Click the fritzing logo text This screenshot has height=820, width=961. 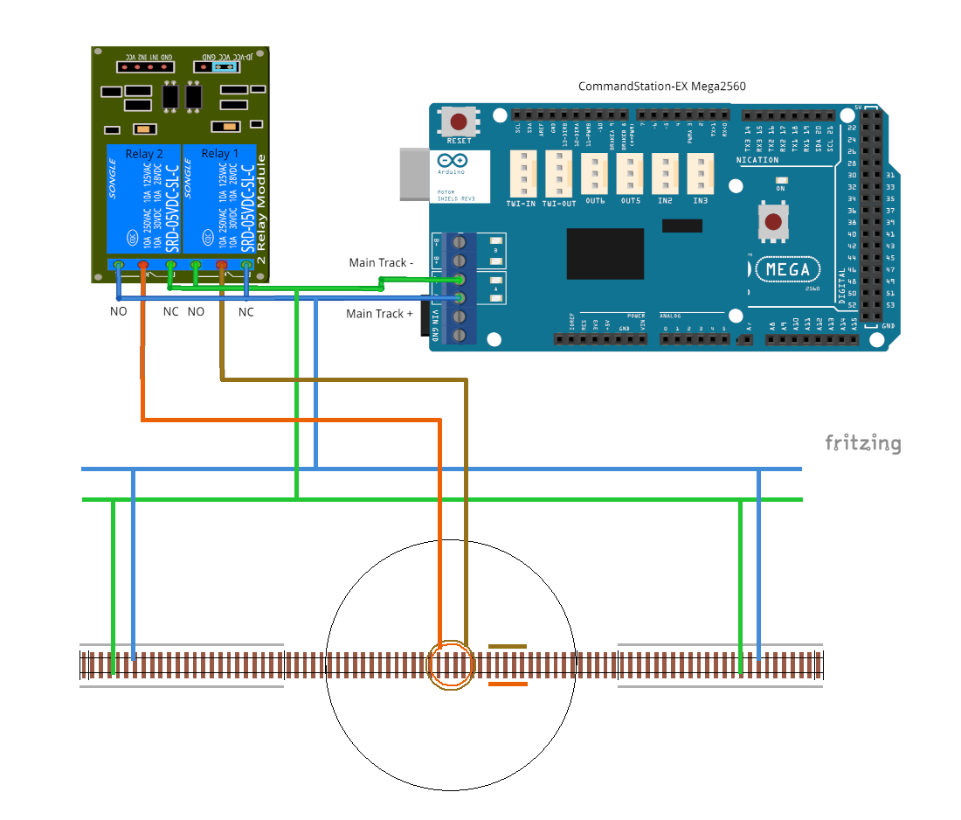click(x=862, y=443)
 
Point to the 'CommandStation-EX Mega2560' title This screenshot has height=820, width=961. click(x=661, y=87)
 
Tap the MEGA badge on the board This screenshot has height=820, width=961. click(x=787, y=269)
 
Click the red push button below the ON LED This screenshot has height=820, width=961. click(x=773, y=222)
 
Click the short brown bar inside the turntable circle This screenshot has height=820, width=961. click(x=508, y=647)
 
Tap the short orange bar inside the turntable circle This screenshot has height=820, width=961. click(x=508, y=684)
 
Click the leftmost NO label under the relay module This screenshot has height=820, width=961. click(x=118, y=311)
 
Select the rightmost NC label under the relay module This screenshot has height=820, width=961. click(x=246, y=311)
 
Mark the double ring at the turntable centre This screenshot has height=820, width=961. click(x=451, y=665)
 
